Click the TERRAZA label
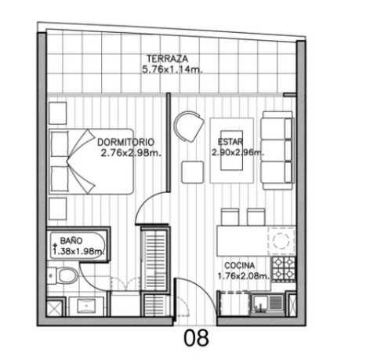tap(167, 59)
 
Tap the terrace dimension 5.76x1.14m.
tap(172, 70)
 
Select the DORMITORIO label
tap(125, 142)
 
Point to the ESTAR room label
tap(230, 142)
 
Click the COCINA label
tap(240, 266)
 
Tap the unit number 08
tap(196, 337)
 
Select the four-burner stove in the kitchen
tap(284, 269)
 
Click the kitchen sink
tap(267, 304)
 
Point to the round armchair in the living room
tap(189, 126)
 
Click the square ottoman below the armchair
tap(193, 172)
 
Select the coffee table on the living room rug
tap(231, 151)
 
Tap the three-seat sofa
tap(277, 151)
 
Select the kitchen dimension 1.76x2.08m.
tap(243, 276)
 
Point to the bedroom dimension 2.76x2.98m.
tap(131, 153)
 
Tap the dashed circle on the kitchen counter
tap(281, 240)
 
